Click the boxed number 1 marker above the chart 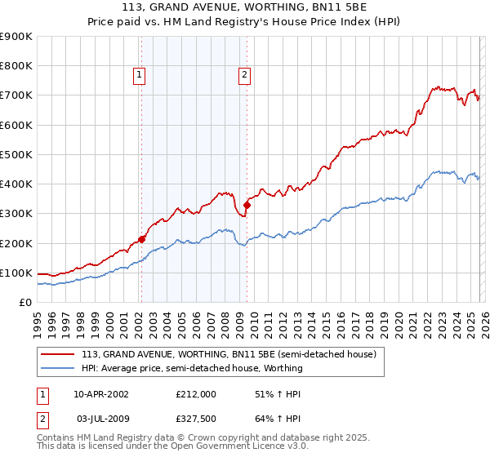[140, 75]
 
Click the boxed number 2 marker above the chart [244, 75]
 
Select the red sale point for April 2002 [141, 239]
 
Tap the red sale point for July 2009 [246, 205]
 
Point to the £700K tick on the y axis [16, 95]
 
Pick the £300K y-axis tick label [16, 214]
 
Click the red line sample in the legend [59, 354]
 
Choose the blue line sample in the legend [59, 368]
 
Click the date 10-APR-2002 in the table [100, 393]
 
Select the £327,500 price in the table [195, 418]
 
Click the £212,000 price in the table [195, 393]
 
